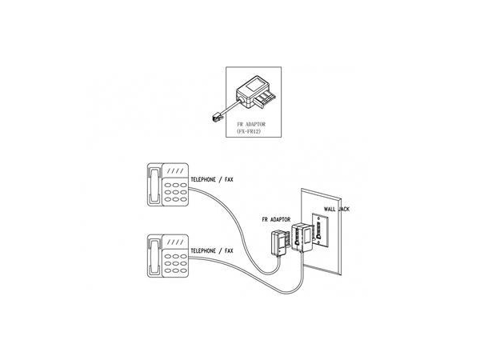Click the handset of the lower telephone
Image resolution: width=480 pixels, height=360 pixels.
point(154,257)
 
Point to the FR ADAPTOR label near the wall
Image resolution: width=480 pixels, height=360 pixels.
point(275,217)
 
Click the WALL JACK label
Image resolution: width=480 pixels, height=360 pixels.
point(337,210)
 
